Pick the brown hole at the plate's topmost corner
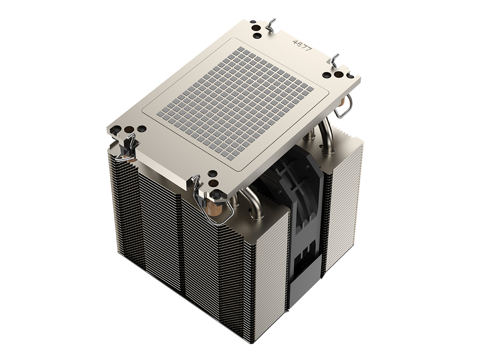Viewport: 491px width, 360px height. pos(255,28)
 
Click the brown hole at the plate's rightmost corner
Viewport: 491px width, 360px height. pos(338,74)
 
